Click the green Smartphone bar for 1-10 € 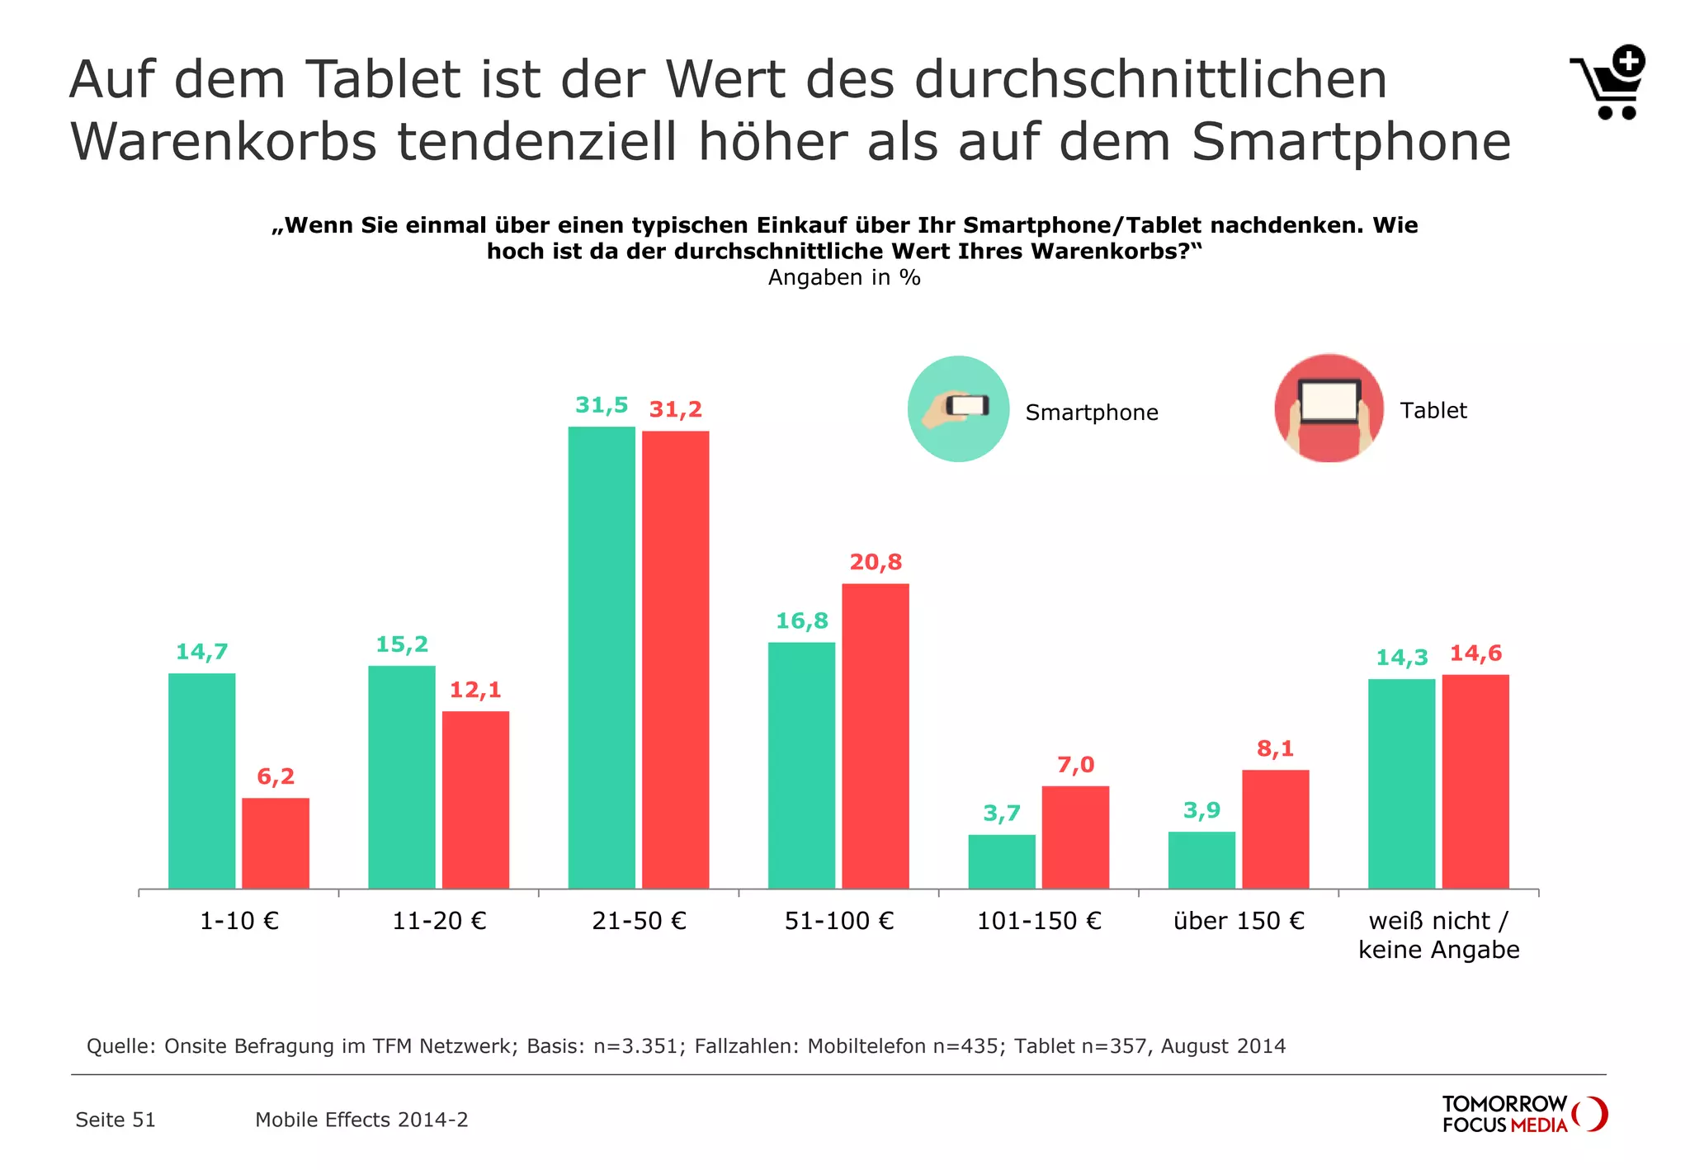[201, 781]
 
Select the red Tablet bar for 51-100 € [875, 736]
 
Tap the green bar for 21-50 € [602, 658]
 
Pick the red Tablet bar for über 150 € [1275, 829]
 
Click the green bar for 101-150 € [1001, 861]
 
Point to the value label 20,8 [876, 562]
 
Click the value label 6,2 [276, 776]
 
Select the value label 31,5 [602, 405]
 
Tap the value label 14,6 [1475, 653]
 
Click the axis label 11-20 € [439, 921]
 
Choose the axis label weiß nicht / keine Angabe [1438, 935]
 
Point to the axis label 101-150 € [1039, 921]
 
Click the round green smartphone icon [958, 408]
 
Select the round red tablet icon [1329, 408]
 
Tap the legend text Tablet [1433, 411]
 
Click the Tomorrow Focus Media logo [1523, 1114]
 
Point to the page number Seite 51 [116, 1120]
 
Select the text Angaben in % [844, 277]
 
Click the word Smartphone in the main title [1351, 142]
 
